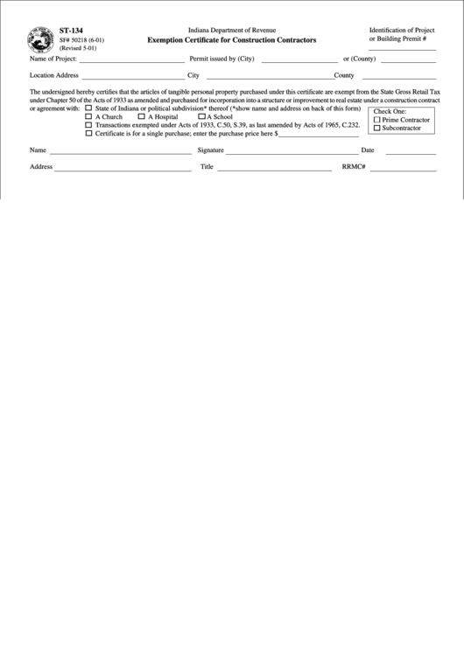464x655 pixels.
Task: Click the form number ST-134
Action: coord(71,30)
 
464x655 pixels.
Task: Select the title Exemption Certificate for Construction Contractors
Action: coord(233,41)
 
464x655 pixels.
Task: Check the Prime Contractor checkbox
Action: coord(377,120)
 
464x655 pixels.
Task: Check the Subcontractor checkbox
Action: coord(377,129)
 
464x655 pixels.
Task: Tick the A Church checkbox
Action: coord(88,116)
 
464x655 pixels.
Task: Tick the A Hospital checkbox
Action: coord(141,116)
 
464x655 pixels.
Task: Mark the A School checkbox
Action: coord(201,116)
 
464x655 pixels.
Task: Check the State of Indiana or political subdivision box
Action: coord(88,108)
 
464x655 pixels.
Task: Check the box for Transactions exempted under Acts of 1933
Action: coord(88,125)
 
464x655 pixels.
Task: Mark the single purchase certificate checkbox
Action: coord(88,134)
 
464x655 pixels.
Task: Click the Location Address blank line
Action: coord(132,78)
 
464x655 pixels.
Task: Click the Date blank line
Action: coord(411,153)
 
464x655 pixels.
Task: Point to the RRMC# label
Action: coord(353,166)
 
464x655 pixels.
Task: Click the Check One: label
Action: coord(390,111)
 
